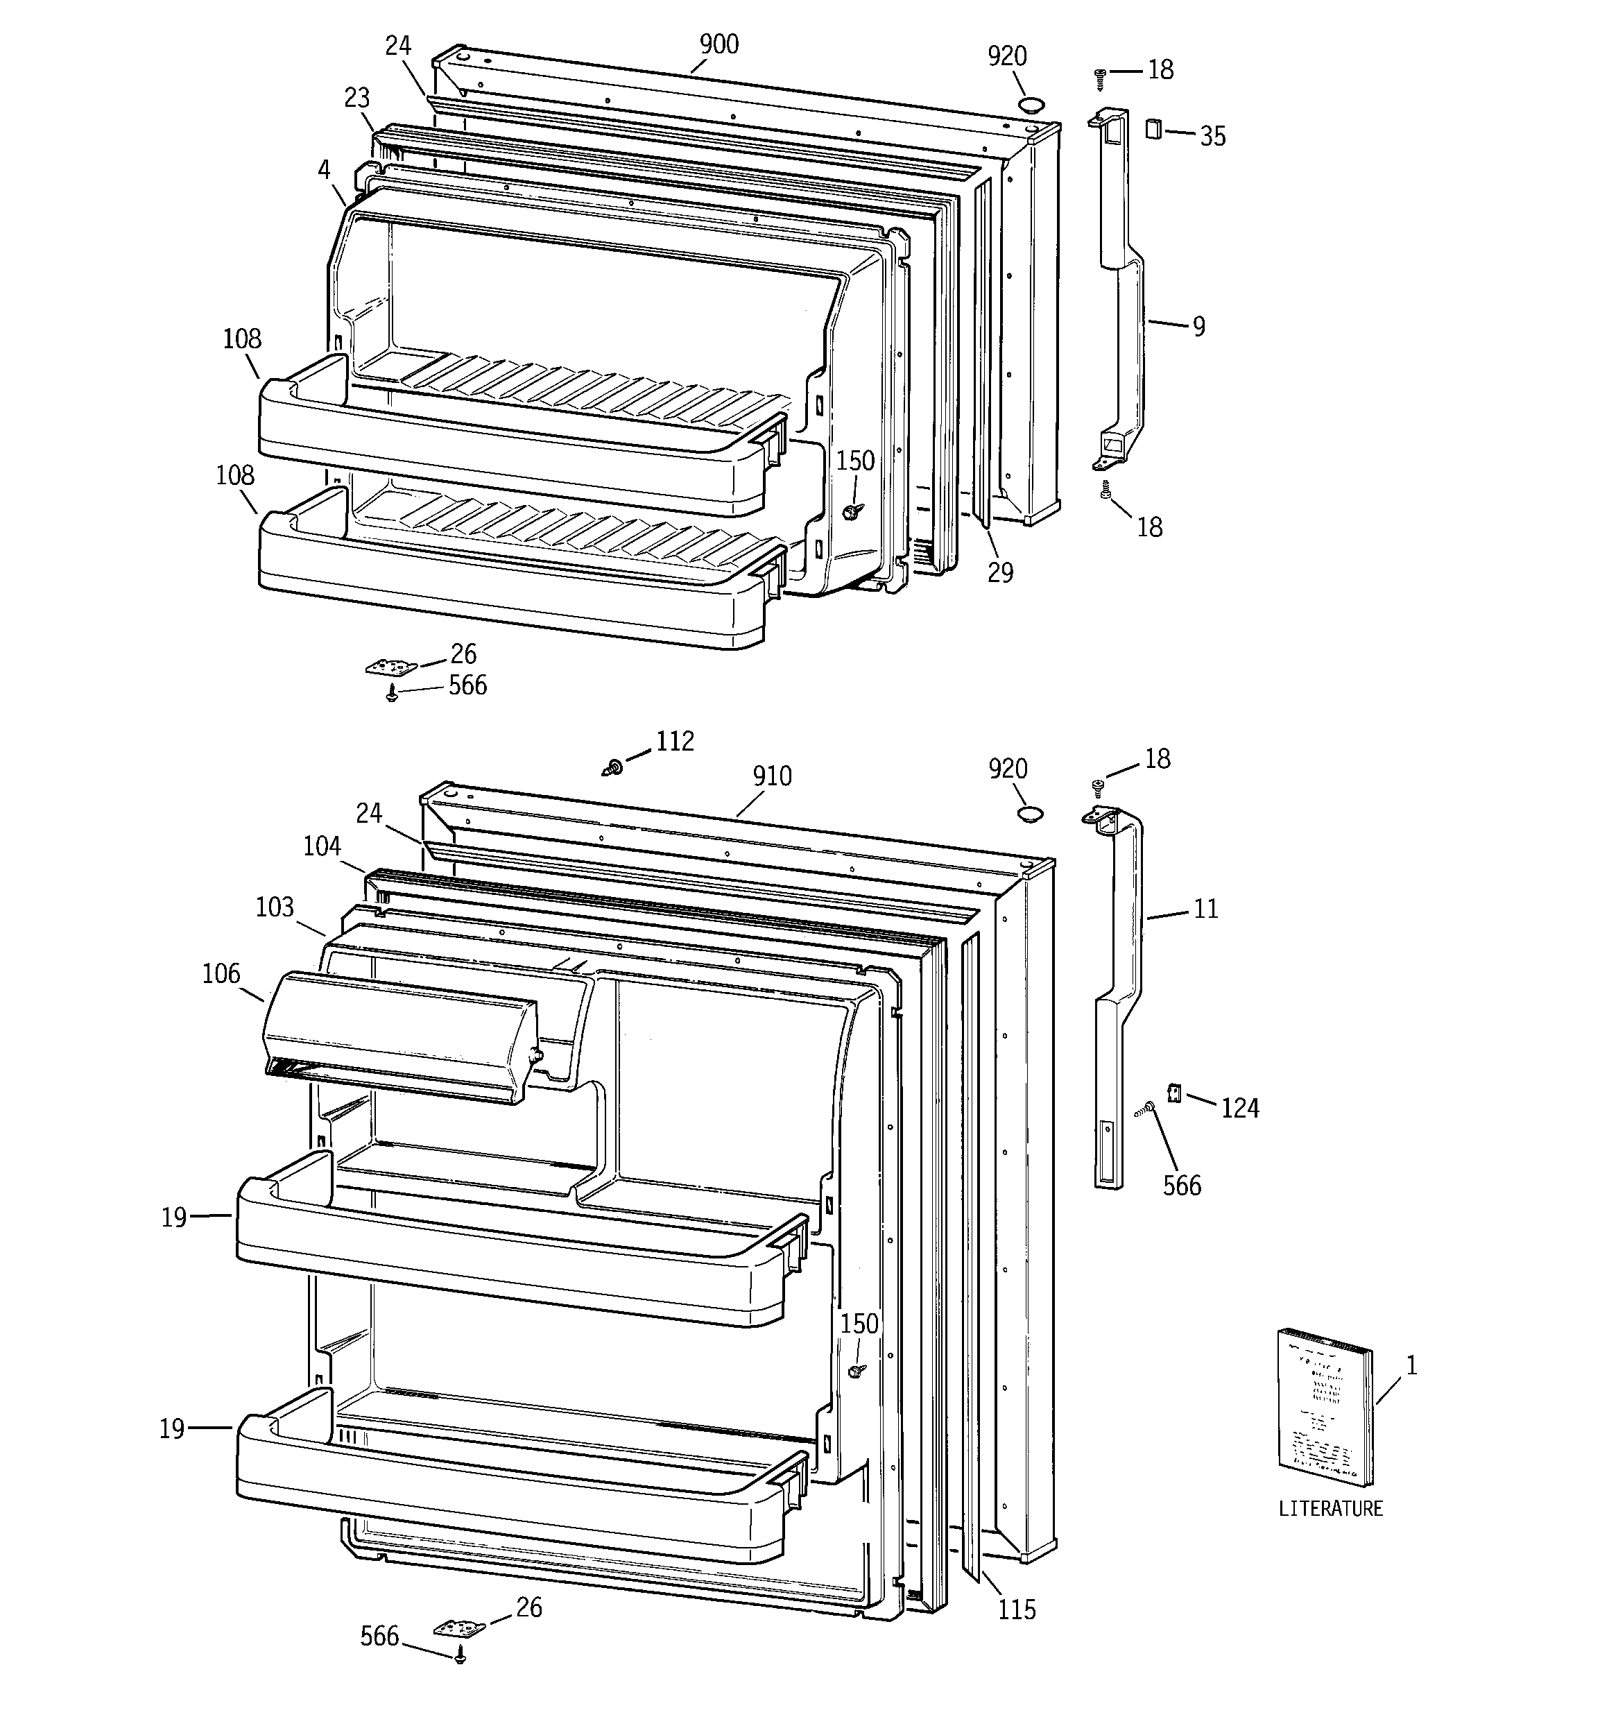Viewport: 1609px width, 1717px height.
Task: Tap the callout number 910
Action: click(x=771, y=776)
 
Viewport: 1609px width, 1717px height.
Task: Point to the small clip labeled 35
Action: click(x=1153, y=130)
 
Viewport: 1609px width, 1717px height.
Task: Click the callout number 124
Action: click(x=1239, y=1108)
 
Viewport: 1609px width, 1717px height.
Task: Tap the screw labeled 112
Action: click(x=613, y=766)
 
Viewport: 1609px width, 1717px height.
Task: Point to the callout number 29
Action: click(x=1000, y=572)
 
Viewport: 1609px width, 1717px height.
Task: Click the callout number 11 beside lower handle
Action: click(x=1205, y=909)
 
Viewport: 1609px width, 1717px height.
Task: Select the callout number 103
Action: click(x=275, y=907)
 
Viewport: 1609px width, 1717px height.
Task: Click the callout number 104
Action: click(x=321, y=846)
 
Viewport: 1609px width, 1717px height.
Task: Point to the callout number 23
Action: click(x=356, y=99)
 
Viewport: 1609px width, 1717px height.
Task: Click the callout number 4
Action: click(x=324, y=170)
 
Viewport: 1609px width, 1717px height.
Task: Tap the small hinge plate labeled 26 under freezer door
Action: click(x=391, y=667)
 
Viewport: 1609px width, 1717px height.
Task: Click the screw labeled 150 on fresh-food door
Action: click(x=856, y=1372)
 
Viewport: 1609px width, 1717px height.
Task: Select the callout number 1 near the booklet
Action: click(x=1411, y=1365)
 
